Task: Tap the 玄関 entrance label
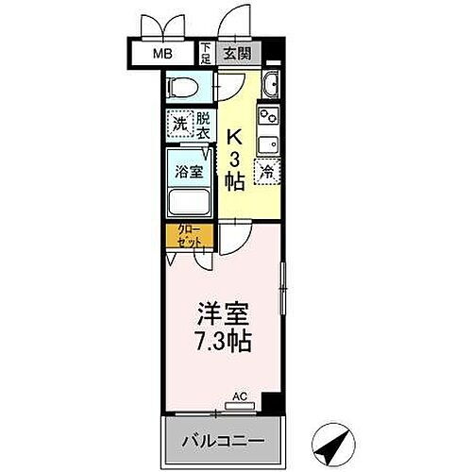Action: (x=237, y=54)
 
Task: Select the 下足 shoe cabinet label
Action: (x=206, y=54)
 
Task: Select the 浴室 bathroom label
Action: (x=189, y=171)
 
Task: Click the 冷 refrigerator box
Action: (x=267, y=172)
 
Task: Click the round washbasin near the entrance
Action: (x=270, y=85)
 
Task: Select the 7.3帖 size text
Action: (x=222, y=341)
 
